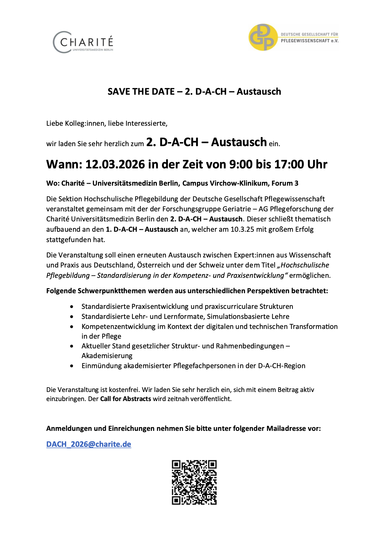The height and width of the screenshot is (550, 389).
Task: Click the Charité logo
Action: point(83,42)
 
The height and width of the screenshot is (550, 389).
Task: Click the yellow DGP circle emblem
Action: point(263,37)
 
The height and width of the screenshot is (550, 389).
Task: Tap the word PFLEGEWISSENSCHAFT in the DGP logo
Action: point(305,41)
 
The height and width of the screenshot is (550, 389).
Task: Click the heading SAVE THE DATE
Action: point(141,92)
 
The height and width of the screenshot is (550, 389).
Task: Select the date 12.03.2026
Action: point(115,164)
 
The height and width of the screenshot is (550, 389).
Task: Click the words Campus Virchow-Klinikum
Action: point(226,183)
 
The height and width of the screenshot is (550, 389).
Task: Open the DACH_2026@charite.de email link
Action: point(89,444)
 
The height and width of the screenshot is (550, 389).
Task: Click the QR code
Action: point(194,482)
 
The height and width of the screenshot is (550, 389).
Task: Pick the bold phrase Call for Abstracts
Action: point(125,399)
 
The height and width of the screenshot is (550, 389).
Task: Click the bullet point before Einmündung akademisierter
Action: point(72,366)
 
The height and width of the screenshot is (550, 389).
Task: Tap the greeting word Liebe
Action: point(55,124)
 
